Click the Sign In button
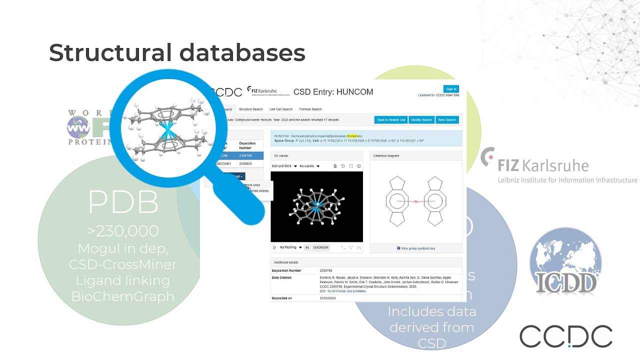[x=451, y=89]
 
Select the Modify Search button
[x=421, y=120]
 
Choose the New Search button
[x=447, y=120]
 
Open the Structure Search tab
[x=250, y=109]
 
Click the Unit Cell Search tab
[x=281, y=109]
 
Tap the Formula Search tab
[x=310, y=109]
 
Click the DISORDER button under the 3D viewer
[x=321, y=247]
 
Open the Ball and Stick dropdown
[x=284, y=166]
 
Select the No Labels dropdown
[x=309, y=166]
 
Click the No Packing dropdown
[x=289, y=247]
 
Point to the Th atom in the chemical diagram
[x=415, y=201]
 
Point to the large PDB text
[x=123, y=202]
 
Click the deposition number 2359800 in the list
[x=245, y=163]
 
